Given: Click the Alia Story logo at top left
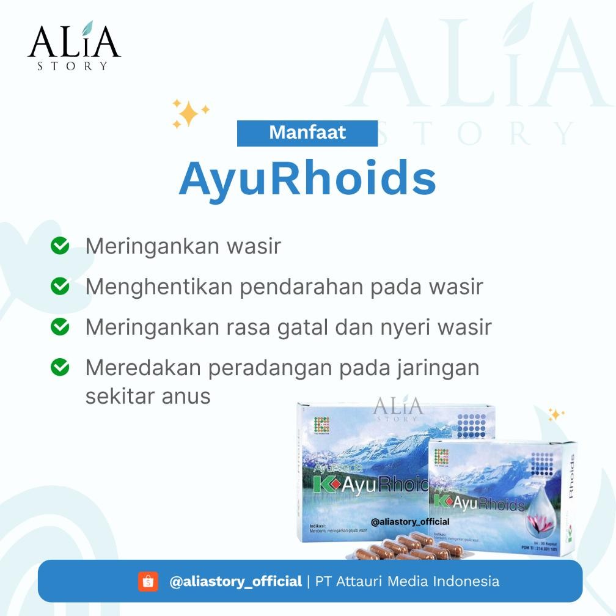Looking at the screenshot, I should tap(73, 46).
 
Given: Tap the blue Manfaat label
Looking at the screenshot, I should tap(307, 133).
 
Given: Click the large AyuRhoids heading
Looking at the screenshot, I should tap(307, 177).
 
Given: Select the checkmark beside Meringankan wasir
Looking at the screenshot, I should tap(59, 246).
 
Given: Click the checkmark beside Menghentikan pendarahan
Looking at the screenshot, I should tap(59, 285).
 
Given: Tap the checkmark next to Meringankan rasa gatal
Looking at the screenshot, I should tap(59, 326).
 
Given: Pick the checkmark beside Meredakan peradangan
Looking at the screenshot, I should tap(59, 367).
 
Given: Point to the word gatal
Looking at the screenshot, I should tap(298, 327).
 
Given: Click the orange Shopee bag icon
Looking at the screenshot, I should tap(148, 581).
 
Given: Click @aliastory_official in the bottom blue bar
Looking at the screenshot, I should tap(236, 581).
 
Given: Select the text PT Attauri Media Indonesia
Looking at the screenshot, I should tap(407, 581).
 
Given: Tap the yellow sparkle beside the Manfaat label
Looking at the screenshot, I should tap(189, 114).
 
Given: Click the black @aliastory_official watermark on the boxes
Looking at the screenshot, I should tap(410, 521).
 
